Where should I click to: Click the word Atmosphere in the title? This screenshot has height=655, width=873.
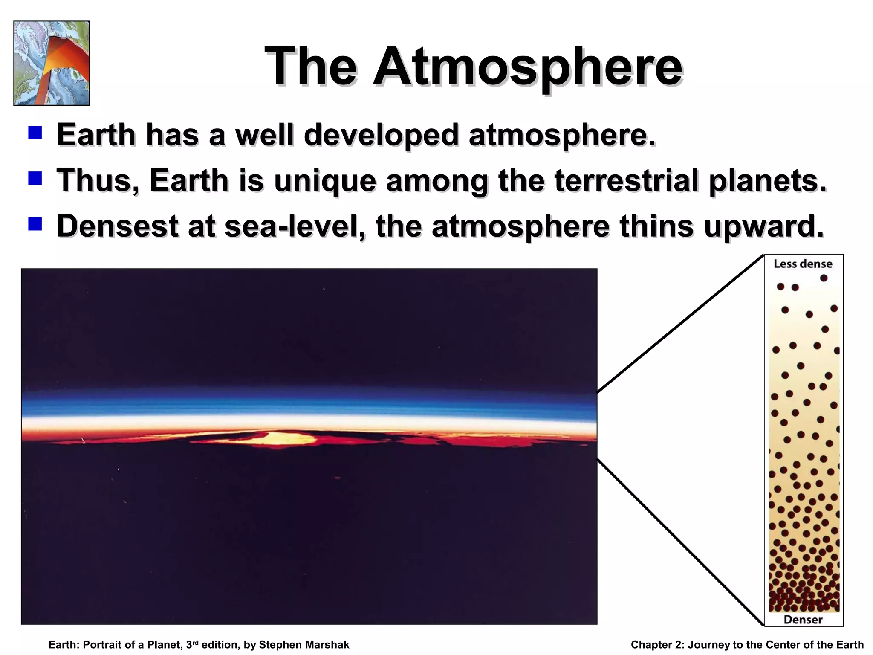(528, 67)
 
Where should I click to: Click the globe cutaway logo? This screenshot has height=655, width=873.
(52, 63)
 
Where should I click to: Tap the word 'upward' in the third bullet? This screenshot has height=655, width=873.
(763, 226)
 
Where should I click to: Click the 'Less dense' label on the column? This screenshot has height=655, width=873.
(803, 264)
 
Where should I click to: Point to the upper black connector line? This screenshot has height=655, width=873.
(680, 324)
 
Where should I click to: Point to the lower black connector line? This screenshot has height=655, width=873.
(680, 542)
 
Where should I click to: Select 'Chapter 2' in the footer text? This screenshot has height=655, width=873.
(657, 645)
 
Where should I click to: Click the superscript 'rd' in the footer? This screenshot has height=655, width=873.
(196, 642)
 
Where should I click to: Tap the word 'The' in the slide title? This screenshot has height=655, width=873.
(310, 67)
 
